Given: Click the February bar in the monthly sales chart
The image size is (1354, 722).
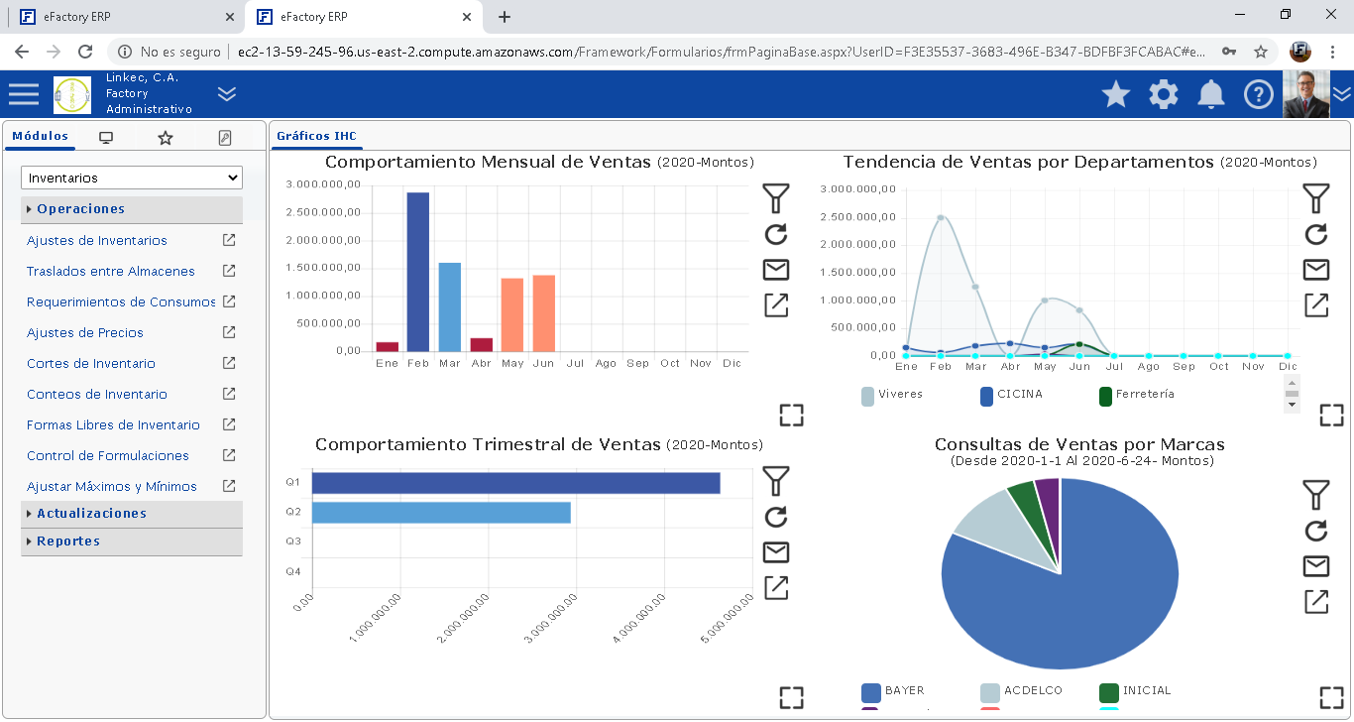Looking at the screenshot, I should [418, 272].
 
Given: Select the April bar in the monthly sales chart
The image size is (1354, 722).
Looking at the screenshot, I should [482, 344].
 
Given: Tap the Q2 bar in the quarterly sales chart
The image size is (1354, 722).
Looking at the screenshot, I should [441, 513].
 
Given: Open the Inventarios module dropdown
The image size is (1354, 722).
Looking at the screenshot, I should [131, 179].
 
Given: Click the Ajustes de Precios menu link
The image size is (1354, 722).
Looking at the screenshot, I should [85, 333].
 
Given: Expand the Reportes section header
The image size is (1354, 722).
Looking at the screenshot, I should [68, 541].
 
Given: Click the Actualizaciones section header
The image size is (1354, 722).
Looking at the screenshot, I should [91, 514].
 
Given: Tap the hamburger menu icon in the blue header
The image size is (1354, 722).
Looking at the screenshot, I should [24, 94].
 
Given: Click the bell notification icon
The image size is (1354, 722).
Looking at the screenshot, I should [1210, 94].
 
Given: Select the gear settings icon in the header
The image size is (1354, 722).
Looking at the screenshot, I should [1163, 94].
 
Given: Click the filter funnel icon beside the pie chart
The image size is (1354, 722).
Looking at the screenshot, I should [1315, 495].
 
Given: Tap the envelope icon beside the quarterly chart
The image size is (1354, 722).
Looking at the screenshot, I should [776, 552].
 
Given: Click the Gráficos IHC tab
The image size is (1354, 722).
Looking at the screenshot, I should [316, 136].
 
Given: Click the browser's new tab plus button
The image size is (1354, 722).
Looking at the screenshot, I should [504, 17].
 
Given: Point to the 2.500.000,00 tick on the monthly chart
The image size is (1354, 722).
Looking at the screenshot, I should [323, 212].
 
